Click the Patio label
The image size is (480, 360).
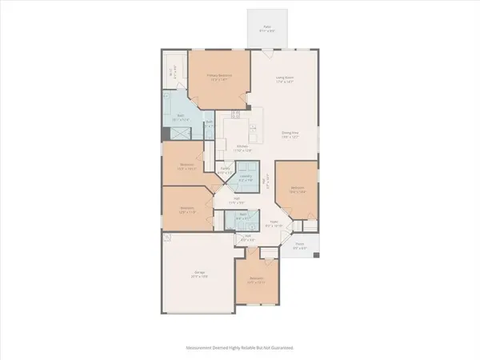[267, 28]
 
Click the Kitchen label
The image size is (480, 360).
[242, 148]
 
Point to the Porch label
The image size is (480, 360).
[299, 248]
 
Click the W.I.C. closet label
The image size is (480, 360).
[172, 74]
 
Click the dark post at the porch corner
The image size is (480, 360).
[318, 256]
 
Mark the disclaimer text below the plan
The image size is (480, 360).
[240, 349]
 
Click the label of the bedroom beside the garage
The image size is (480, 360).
[256, 282]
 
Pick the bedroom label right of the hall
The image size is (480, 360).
[296, 190]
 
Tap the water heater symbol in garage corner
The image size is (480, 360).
[165, 238]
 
